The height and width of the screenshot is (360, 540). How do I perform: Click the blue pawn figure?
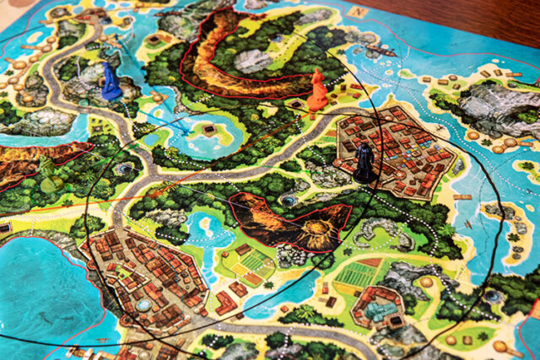pyautogui.click(x=111, y=82)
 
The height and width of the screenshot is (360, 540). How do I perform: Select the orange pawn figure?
pyautogui.click(x=317, y=90)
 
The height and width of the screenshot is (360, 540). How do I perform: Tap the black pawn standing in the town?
pyautogui.click(x=364, y=162)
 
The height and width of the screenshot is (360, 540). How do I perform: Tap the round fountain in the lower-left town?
pyautogui.click(x=144, y=304)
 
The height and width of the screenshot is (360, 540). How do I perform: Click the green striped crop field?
pyautogui.click(x=355, y=275)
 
